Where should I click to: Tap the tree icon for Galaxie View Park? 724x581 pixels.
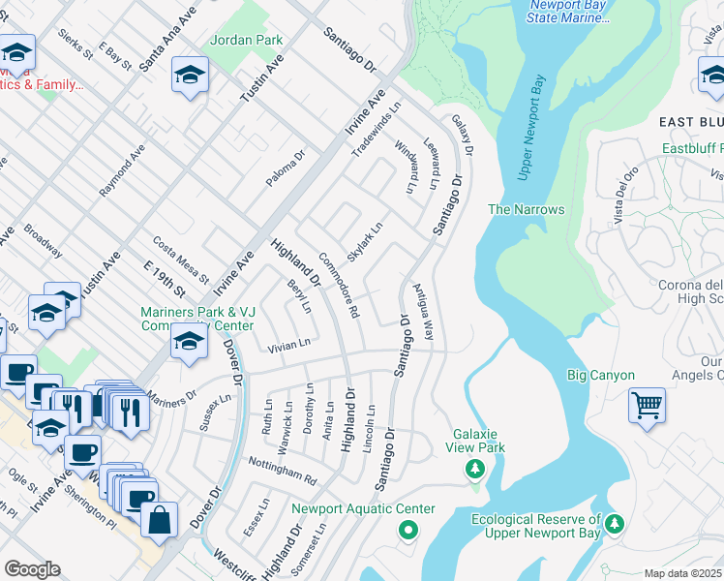click(x=474, y=470)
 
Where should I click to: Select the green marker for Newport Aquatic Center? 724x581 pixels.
click(x=407, y=530)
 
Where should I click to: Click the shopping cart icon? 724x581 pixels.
click(x=647, y=405)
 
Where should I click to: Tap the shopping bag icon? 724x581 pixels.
click(x=159, y=519)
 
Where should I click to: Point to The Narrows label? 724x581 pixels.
click(x=525, y=209)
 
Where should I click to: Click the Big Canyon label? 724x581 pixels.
click(x=600, y=375)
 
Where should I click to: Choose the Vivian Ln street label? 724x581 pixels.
click(x=289, y=344)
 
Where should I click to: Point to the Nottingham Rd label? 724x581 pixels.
click(x=283, y=472)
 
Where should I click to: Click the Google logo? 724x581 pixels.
click(x=32, y=569)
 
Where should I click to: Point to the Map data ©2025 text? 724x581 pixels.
click(x=683, y=573)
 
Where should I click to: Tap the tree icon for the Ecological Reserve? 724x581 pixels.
click(x=615, y=526)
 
